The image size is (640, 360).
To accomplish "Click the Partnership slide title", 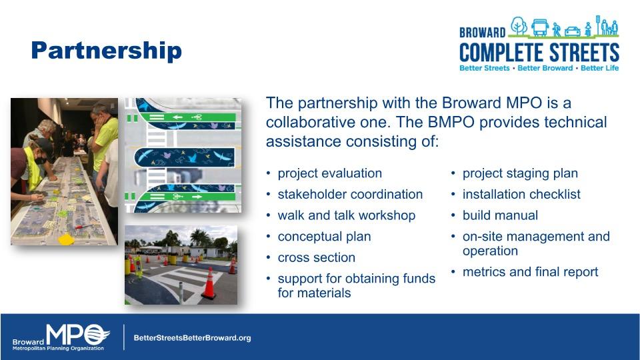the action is pyautogui.click(x=107, y=51).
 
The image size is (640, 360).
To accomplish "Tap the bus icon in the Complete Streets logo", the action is pyautogui.click(x=539, y=27).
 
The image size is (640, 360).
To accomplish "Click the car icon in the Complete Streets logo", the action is pyautogui.click(x=572, y=31).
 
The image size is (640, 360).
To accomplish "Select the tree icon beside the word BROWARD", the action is pyautogui.click(x=519, y=26).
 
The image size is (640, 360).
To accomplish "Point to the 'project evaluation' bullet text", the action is pyautogui.click(x=330, y=173).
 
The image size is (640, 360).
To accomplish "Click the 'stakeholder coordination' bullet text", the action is pyautogui.click(x=350, y=194).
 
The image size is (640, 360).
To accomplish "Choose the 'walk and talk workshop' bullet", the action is pyautogui.click(x=347, y=215).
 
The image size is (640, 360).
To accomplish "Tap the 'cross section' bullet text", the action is pyautogui.click(x=316, y=257).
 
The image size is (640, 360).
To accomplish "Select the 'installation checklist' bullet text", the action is pyautogui.click(x=521, y=194).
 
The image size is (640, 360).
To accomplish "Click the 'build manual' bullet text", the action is pyautogui.click(x=500, y=215).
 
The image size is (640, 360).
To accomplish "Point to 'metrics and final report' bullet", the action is pyautogui.click(x=530, y=272).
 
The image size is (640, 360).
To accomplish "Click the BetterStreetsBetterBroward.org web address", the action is pyautogui.click(x=192, y=338).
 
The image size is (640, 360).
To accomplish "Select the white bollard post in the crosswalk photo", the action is pyautogui.click(x=181, y=293).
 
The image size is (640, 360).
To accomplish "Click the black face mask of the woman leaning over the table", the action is pyautogui.click(x=40, y=161).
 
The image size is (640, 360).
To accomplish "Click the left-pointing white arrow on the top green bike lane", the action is pyautogui.click(x=177, y=117).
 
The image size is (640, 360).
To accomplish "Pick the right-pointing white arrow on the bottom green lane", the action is pyautogui.click(x=197, y=197).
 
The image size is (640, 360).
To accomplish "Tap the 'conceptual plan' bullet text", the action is pyautogui.click(x=324, y=237).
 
